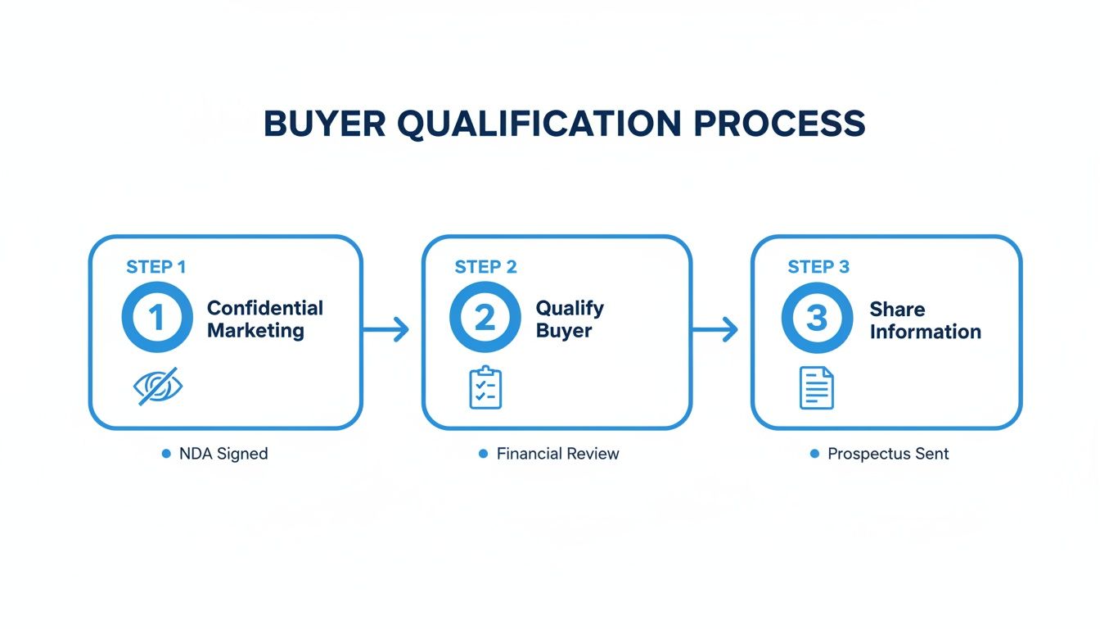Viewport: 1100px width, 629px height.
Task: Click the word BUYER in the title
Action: click(x=323, y=124)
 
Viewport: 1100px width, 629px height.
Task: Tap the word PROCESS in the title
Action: click(x=779, y=124)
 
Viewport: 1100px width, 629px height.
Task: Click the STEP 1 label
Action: click(x=156, y=267)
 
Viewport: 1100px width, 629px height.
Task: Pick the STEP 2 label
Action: click(x=485, y=267)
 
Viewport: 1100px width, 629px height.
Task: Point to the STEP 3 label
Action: click(x=818, y=267)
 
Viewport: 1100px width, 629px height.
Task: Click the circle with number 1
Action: click(x=156, y=318)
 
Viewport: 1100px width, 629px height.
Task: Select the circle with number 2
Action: click(x=485, y=318)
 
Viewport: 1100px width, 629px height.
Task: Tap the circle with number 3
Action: click(x=817, y=318)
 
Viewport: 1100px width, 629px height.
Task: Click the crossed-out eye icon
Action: click(x=158, y=387)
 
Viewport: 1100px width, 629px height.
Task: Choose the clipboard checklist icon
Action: click(x=485, y=387)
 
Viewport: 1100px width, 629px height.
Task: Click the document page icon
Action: click(x=816, y=387)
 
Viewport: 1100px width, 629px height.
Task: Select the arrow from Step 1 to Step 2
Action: click(x=385, y=330)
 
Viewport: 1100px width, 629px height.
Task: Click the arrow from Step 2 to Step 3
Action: click(x=715, y=330)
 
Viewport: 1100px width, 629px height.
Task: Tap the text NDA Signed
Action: click(x=223, y=454)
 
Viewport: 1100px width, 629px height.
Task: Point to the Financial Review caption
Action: click(x=557, y=454)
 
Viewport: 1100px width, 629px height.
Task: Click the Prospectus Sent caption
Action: click(x=888, y=454)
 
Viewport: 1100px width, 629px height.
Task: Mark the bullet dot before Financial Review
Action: click(x=483, y=454)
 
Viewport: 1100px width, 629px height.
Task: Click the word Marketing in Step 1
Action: click(x=255, y=331)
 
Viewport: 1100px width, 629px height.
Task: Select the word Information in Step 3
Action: click(x=925, y=332)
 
